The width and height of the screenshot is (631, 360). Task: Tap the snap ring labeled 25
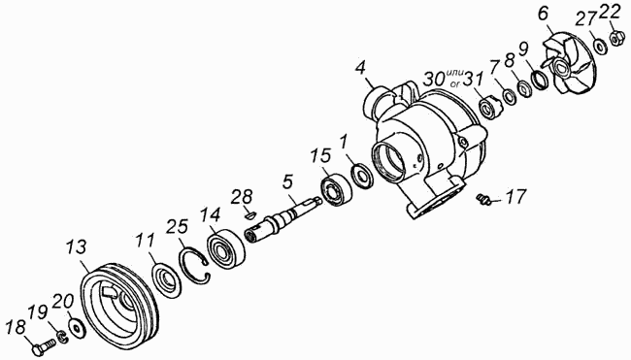click(x=195, y=267)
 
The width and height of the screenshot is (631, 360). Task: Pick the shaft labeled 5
click(x=282, y=216)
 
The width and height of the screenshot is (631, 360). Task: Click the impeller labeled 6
click(x=564, y=65)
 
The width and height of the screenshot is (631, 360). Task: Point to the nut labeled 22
click(x=614, y=39)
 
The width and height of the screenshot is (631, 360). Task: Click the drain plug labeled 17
click(x=482, y=198)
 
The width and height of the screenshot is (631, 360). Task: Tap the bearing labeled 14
click(x=226, y=248)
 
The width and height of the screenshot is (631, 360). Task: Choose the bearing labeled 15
click(x=337, y=188)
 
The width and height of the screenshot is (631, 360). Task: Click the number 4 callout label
click(x=360, y=68)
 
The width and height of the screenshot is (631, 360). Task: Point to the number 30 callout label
click(x=434, y=79)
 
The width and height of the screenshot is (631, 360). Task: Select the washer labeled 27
click(x=600, y=47)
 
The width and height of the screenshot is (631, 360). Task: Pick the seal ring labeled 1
click(x=363, y=176)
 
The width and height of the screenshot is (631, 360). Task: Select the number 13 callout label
click(x=77, y=247)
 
